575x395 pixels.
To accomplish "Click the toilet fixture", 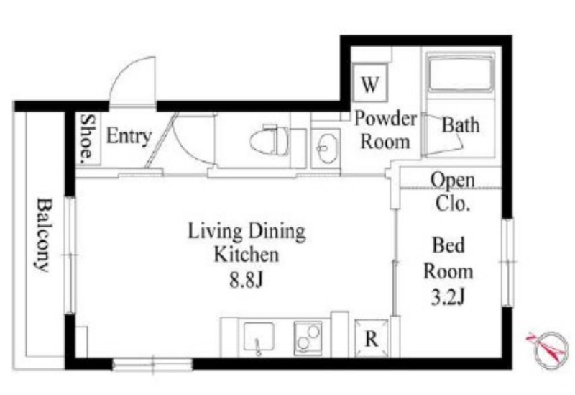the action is click(x=269, y=141).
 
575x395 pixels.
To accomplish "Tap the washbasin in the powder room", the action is click(x=328, y=148).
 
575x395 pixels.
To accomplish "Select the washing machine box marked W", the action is click(x=370, y=83).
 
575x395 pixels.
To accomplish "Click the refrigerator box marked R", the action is click(x=372, y=338).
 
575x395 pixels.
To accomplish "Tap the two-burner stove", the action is click(x=308, y=338).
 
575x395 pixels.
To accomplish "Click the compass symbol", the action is click(x=550, y=349).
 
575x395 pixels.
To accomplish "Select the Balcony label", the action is click(x=45, y=235).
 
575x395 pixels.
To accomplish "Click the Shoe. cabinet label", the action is click(x=88, y=139).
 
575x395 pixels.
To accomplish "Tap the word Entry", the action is click(x=129, y=136).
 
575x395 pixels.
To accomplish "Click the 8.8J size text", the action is click(x=247, y=280).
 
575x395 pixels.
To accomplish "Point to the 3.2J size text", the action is click(x=448, y=297).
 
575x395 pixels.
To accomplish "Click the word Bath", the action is click(x=461, y=124).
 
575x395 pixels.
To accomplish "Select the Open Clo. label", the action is click(x=452, y=191).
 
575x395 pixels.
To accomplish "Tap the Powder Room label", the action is click(x=385, y=130).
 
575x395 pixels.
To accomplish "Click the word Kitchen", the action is click(x=247, y=255).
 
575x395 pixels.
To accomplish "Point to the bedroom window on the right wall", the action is click(x=508, y=262).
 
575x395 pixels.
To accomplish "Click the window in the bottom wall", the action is click(x=152, y=364).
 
